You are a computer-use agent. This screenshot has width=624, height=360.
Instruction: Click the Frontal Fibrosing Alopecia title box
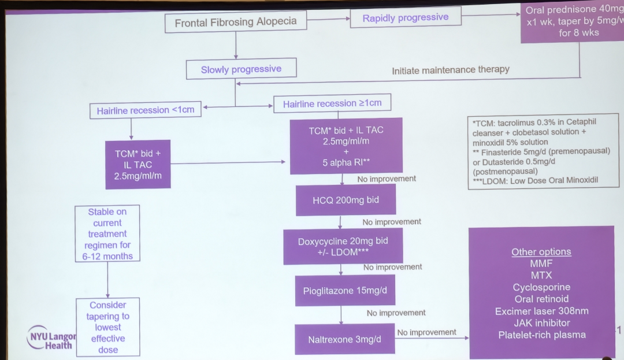tap(236, 23)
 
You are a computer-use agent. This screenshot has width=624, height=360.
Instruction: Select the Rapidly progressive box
tap(405, 18)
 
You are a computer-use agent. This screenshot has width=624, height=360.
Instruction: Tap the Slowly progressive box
tap(241, 69)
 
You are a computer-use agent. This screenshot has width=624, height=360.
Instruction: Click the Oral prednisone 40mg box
tap(572, 21)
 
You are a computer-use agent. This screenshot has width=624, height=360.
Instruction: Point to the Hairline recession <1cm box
tap(146, 110)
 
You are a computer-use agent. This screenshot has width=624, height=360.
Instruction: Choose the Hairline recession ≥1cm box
tap(332, 104)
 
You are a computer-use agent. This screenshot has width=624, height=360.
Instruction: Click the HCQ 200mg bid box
tap(346, 200)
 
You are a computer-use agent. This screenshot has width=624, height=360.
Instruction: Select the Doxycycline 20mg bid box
tap(343, 247)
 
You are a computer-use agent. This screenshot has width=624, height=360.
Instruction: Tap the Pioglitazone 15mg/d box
tap(345, 291)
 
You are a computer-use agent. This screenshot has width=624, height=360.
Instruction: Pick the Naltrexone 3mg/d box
tap(345, 339)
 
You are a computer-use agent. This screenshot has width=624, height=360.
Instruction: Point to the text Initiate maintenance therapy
tap(451, 70)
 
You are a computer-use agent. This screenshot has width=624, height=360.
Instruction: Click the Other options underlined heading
tap(541, 252)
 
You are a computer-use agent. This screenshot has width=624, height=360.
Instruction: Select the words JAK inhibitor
tap(541, 322)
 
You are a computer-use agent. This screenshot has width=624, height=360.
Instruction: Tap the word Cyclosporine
tap(541, 287)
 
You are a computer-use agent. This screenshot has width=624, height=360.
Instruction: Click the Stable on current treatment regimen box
tap(108, 234)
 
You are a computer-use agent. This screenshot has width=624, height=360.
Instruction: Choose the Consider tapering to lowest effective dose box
tap(108, 326)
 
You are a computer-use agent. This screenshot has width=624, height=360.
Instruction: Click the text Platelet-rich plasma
tap(541, 335)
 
